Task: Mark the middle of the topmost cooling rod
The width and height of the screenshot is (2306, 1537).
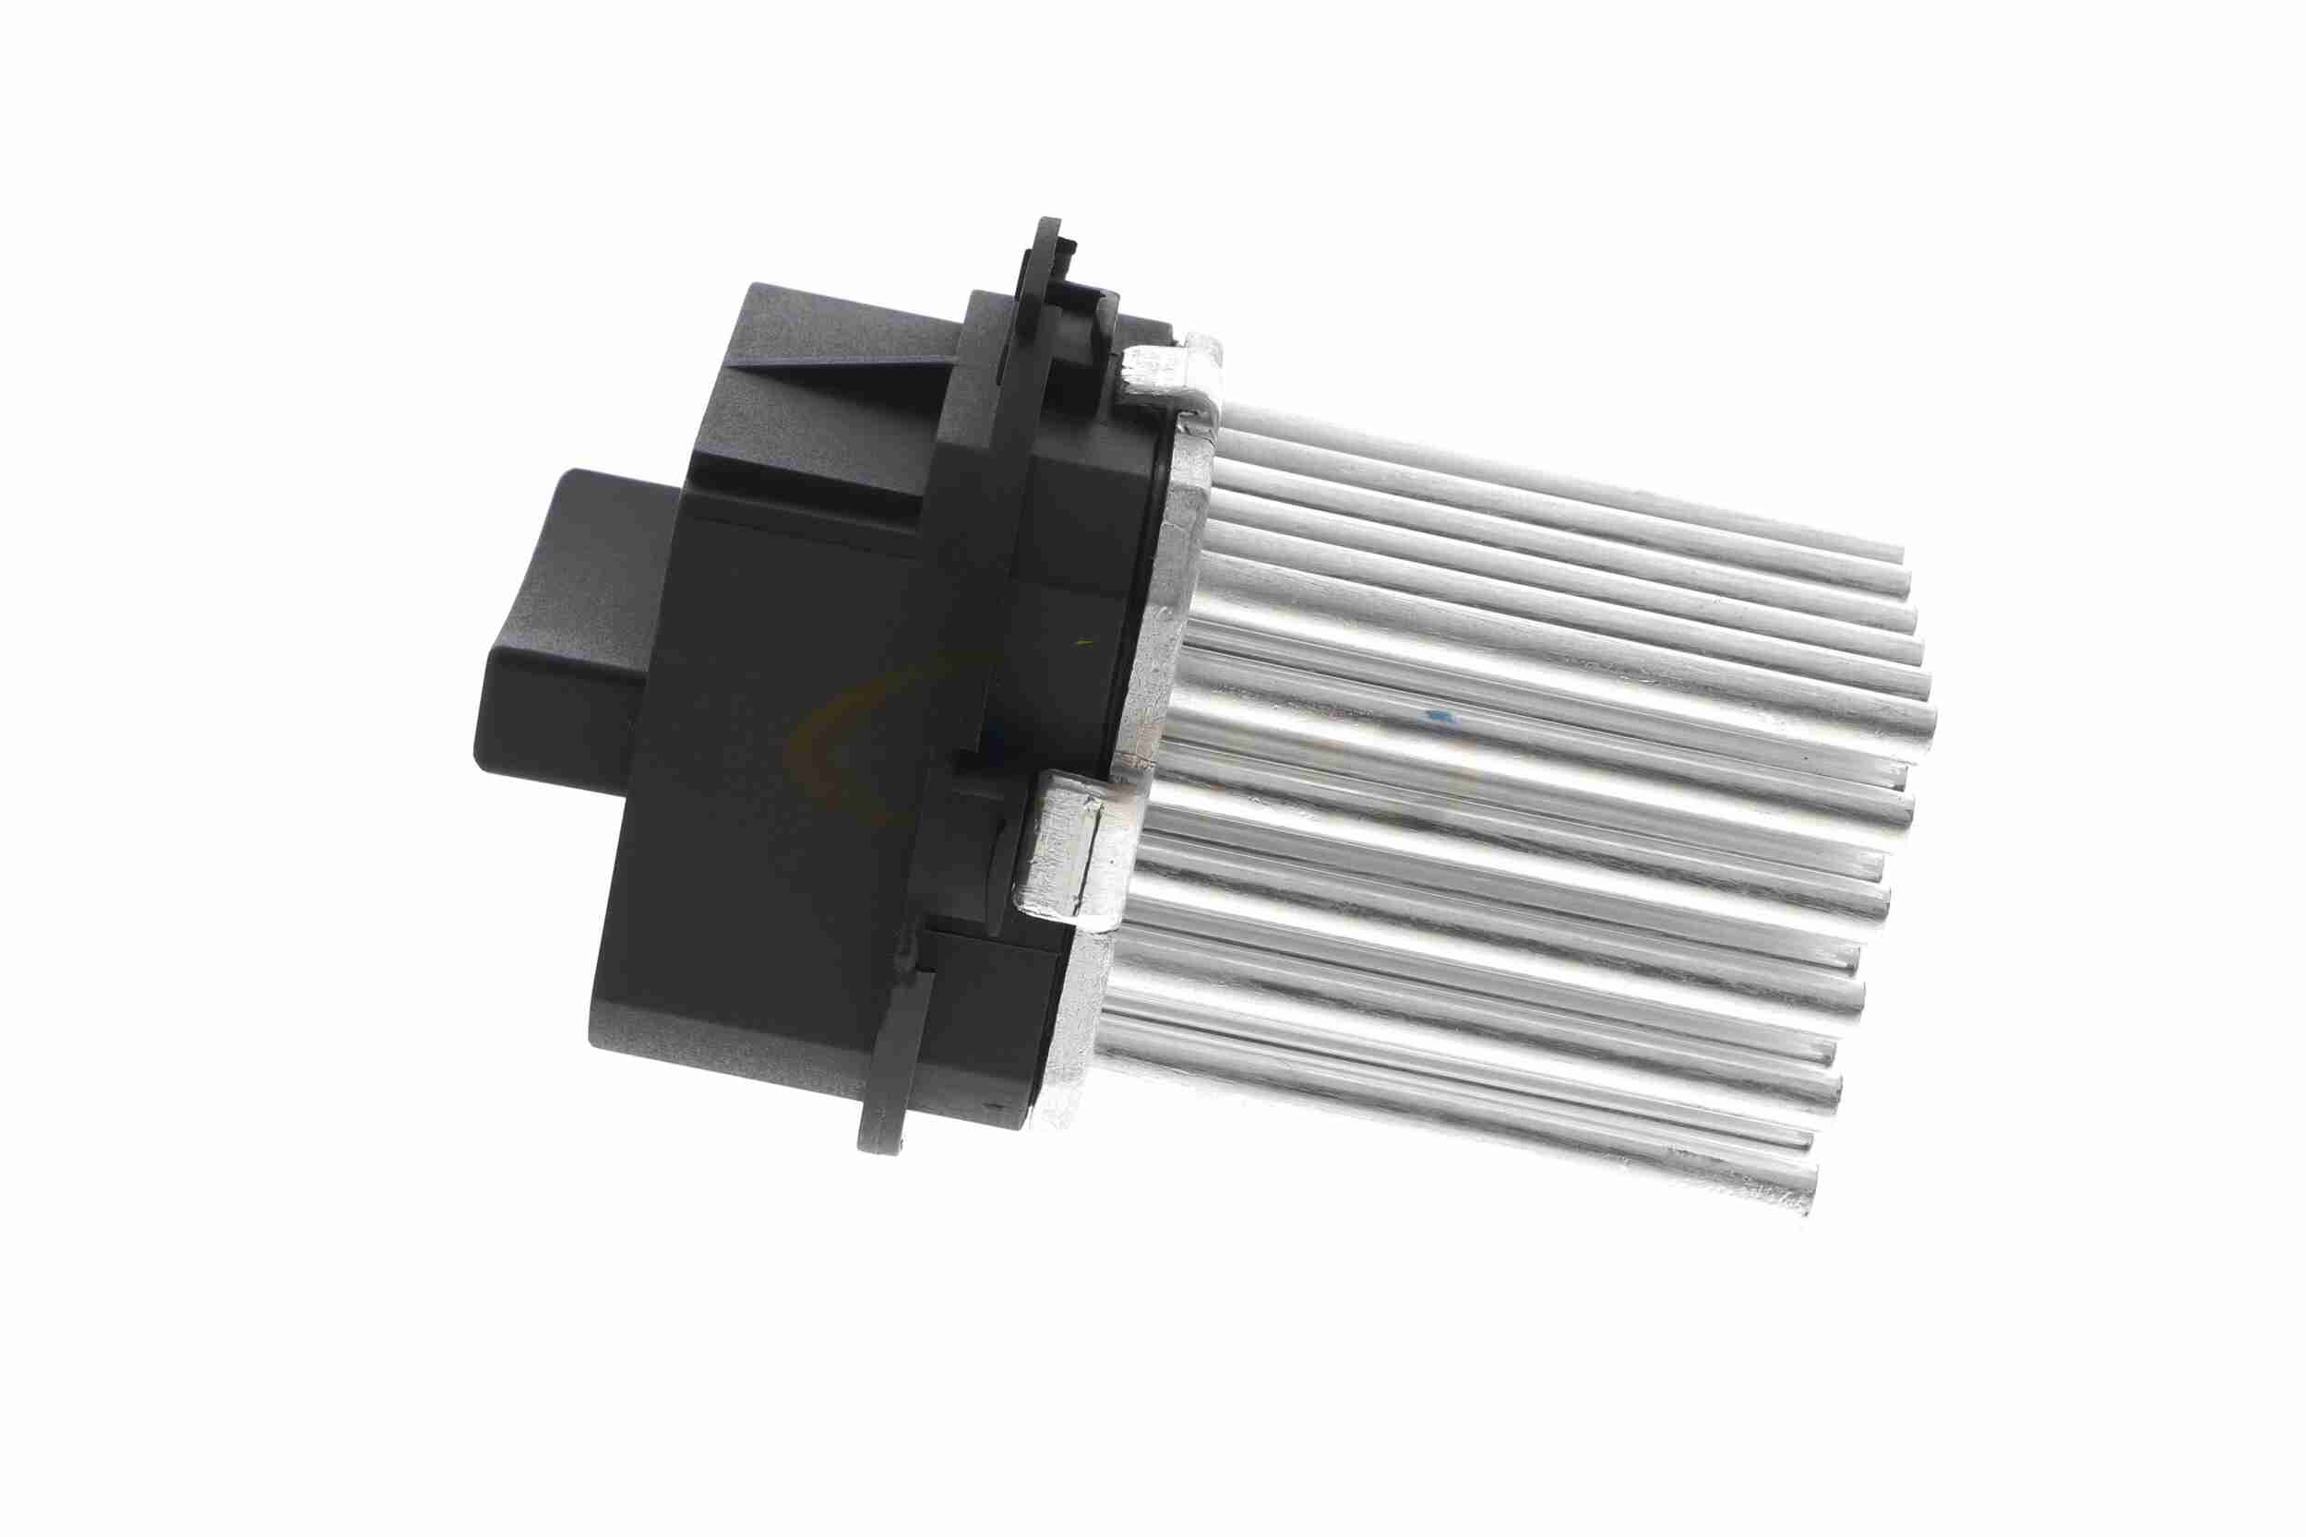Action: [1559, 481]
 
